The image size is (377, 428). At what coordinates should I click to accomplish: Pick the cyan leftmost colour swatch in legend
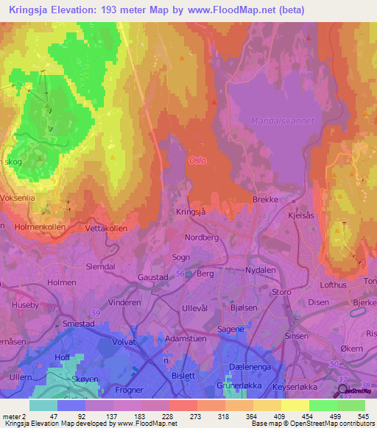(x=43, y=405)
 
